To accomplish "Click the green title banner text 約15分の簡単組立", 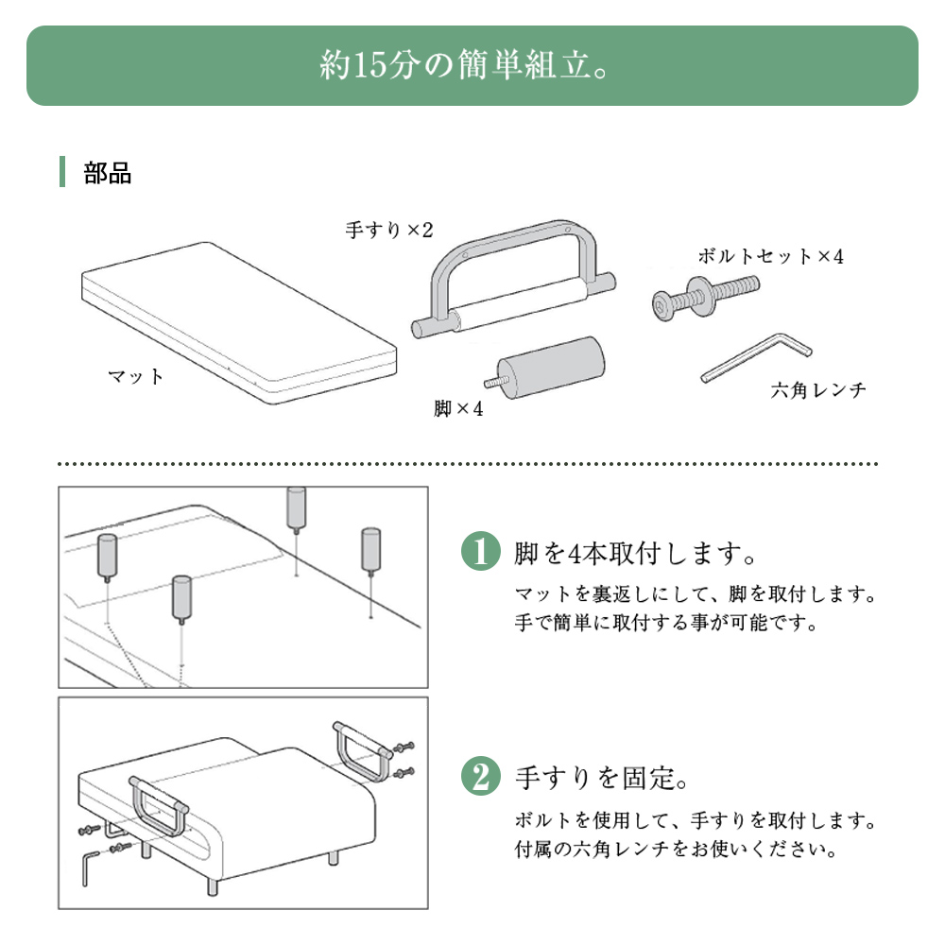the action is pos(463,64).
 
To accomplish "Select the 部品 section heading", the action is pos(108,173).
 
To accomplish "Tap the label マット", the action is pos(135,377).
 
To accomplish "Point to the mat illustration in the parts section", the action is pos(239,323).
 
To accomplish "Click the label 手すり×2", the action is pos(389,230).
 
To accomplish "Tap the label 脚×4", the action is pos(458,408).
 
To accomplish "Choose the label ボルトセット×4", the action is pos(771,256).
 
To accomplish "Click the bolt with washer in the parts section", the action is pos(706,297).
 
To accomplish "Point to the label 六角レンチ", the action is pos(818,390).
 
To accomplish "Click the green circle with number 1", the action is pos(480,551).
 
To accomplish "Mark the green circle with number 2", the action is pos(480,776).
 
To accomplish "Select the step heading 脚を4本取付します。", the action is pos(635,553).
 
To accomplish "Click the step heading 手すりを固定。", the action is pos(601,778).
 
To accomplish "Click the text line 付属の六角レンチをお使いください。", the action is pos(676,849).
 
